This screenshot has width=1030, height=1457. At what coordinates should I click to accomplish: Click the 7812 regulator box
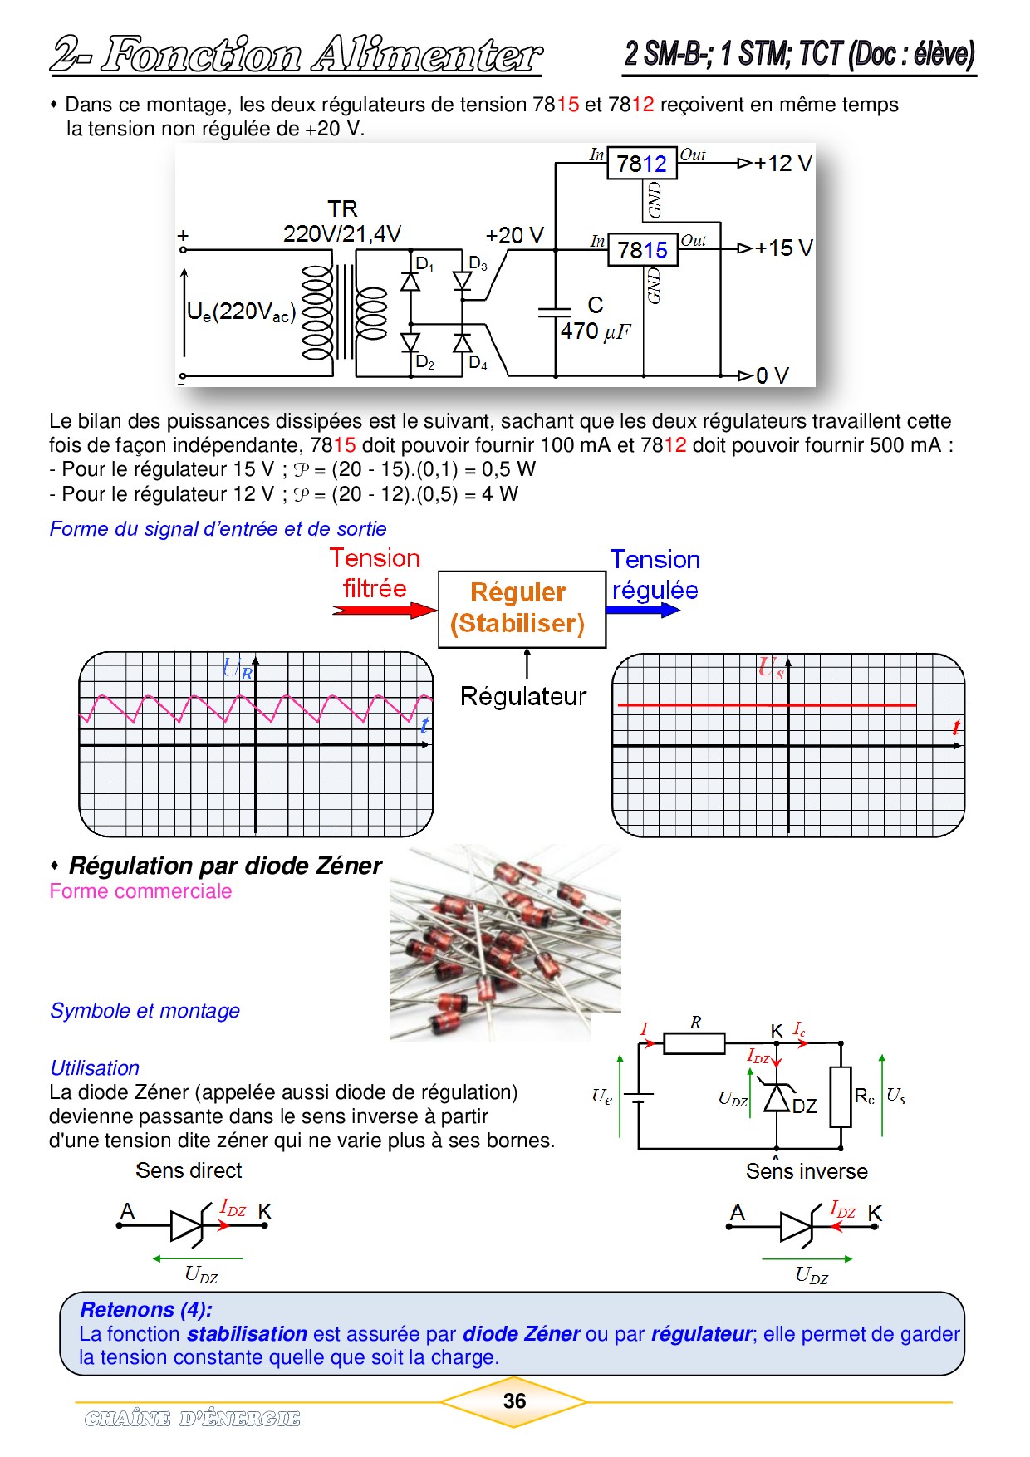click(x=642, y=164)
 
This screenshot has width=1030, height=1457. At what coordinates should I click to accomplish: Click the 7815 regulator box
click(x=643, y=249)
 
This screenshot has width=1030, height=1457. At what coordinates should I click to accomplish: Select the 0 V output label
click(x=772, y=375)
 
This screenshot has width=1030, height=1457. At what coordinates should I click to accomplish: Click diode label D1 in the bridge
click(x=424, y=264)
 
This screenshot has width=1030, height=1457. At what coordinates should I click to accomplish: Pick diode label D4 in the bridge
click(x=478, y=363)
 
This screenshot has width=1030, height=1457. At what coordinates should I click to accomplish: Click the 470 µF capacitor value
click(x=596, y=331)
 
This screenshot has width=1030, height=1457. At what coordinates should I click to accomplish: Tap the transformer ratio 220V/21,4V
click(x=342, y=234)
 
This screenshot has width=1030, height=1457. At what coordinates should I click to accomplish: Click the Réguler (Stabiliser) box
click(x=522, y=608)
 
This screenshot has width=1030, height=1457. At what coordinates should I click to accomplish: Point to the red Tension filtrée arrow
click(x=385, y=611)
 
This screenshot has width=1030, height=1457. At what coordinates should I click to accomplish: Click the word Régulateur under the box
click(x=523, y=696)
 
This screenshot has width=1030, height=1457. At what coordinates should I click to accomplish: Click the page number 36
click(x=514, y=1401)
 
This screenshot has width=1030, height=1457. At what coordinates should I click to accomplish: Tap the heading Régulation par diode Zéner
click(x=225, y=866)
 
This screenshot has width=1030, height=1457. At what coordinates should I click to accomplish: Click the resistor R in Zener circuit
click(x=694, y=1042)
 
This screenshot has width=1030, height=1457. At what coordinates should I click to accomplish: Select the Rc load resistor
click(x=841, y=1096)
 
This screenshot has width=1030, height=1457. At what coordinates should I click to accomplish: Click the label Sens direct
click(x=189, y=1170)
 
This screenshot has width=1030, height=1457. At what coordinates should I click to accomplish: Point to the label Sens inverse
click(x=807, y=1171)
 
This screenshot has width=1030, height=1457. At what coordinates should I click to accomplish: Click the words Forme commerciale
click(x=140, y=891)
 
